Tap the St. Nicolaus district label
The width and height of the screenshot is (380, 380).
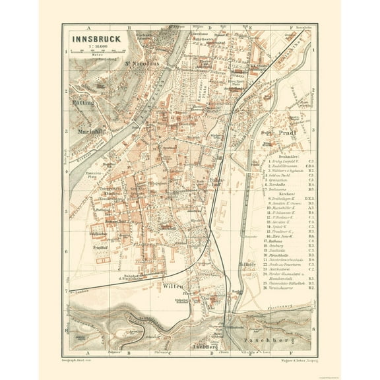click(141, 63)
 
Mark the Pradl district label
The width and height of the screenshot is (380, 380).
click(288, 132)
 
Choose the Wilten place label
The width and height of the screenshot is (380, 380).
click(170, 286)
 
